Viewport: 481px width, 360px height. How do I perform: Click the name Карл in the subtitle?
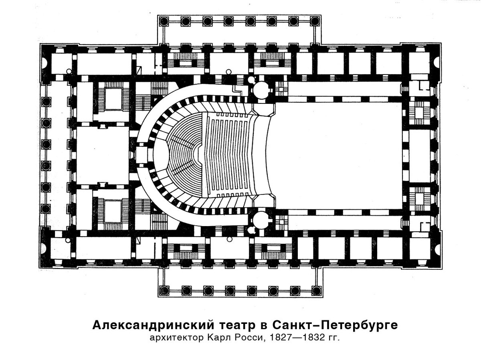[x=219, y=338]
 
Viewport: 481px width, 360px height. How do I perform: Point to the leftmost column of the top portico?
[x=164, y=21]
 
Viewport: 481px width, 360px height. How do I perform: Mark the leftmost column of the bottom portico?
[x=164, y=290]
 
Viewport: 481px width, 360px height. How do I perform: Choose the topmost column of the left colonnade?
[x=46, y=101]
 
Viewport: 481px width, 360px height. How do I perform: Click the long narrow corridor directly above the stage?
[x=345, y=89]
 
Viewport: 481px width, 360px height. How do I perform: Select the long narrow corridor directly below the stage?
[x=345, y=222]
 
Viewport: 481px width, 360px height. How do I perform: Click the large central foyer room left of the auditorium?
[x=102, y=155]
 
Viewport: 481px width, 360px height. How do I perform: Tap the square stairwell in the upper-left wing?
[x=113, y=99]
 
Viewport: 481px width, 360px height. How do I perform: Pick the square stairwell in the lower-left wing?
[x=113, y=209]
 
